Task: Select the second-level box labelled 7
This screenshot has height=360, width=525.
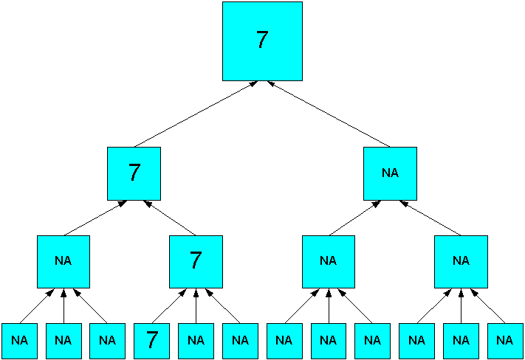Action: click(134, 173)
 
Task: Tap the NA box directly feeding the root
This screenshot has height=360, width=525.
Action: click(390, 173)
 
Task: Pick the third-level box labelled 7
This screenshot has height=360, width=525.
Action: click(196, 261)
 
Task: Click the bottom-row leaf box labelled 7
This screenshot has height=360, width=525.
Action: click(152, 340)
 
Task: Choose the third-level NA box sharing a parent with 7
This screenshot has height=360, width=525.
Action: click(64, 261)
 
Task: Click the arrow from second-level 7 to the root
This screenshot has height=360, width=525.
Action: click(196, 114)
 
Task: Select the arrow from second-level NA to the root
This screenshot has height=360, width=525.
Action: click(329, 114)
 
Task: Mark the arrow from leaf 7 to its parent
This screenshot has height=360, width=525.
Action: click(169, 306)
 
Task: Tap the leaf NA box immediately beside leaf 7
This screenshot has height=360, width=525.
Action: click(196, 340)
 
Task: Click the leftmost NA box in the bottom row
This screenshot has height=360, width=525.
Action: click(19, 340)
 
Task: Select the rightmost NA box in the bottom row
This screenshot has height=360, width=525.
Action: click(504, 340)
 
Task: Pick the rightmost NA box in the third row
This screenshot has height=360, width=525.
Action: click(461, 261)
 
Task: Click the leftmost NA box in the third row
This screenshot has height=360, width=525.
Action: click(64, 261)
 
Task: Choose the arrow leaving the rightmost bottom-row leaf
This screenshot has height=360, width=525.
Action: click(488, 306)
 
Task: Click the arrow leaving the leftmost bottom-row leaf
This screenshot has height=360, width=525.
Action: click(36, 306)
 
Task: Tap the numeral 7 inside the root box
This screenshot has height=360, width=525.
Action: click(262, 41)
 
